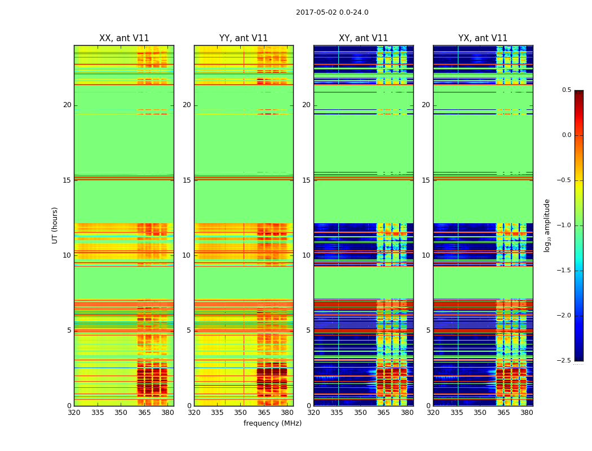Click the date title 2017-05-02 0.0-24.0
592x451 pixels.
332,12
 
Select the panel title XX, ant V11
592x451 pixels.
124,38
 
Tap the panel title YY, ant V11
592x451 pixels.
244,38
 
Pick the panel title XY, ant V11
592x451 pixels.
363,38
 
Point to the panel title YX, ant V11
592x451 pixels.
483,38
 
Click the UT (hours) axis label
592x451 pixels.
55,225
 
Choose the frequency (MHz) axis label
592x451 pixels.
272,423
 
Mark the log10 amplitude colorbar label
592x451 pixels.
547,225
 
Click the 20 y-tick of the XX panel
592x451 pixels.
67,105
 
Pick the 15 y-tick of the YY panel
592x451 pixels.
187,180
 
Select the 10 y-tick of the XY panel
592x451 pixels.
306,255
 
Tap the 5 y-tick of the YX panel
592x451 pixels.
428,330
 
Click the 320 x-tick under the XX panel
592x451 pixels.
74,413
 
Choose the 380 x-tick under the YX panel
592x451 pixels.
527,413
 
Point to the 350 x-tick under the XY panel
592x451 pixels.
360,413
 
